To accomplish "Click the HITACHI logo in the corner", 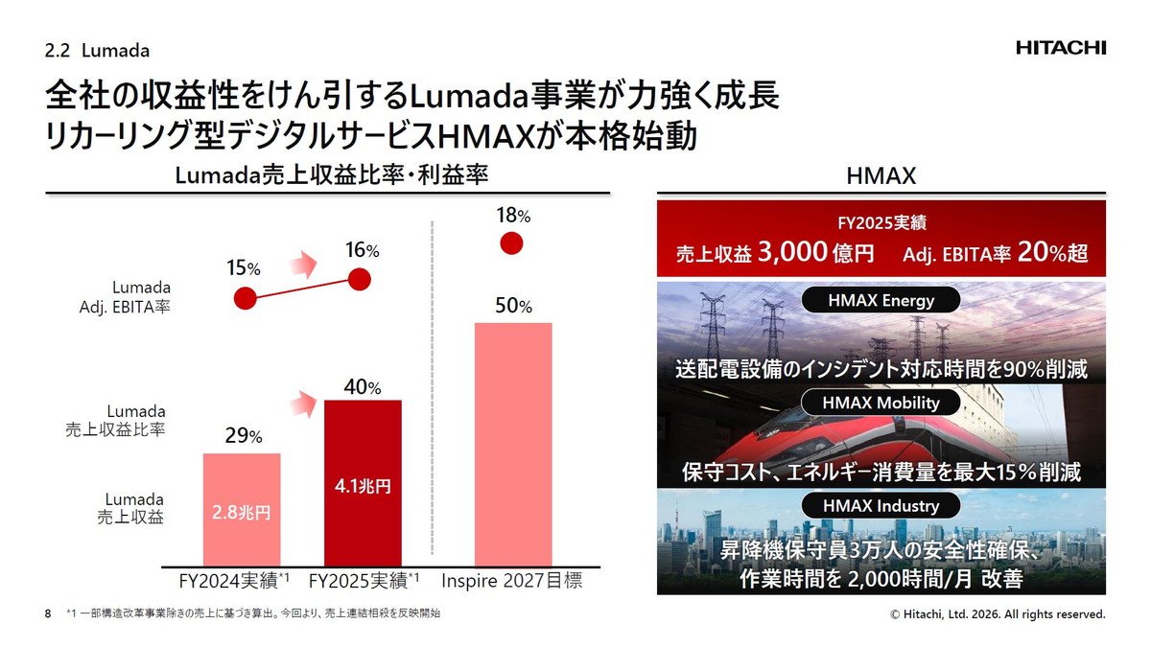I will coord(1061,48).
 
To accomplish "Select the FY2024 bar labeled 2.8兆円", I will coord(242,509).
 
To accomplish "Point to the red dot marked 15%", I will coord(247,298).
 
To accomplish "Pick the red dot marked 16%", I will coord(360,279).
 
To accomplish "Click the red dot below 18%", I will coord(512,243).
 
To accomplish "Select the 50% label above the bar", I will coord(512,306).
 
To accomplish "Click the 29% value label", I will coord(243,436).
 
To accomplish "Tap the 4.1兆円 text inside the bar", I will coord(363,486).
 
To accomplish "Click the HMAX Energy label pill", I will coord(881,300).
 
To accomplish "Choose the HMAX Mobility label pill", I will coord(881,403).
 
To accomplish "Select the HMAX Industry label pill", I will coord(881,505).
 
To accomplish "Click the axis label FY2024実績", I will coord(235,581).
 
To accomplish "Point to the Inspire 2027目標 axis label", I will coord(512,581).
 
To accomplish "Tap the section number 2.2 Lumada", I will coord(98,49).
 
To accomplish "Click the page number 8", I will coord(48,613).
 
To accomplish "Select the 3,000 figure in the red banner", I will coord(792,253).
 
